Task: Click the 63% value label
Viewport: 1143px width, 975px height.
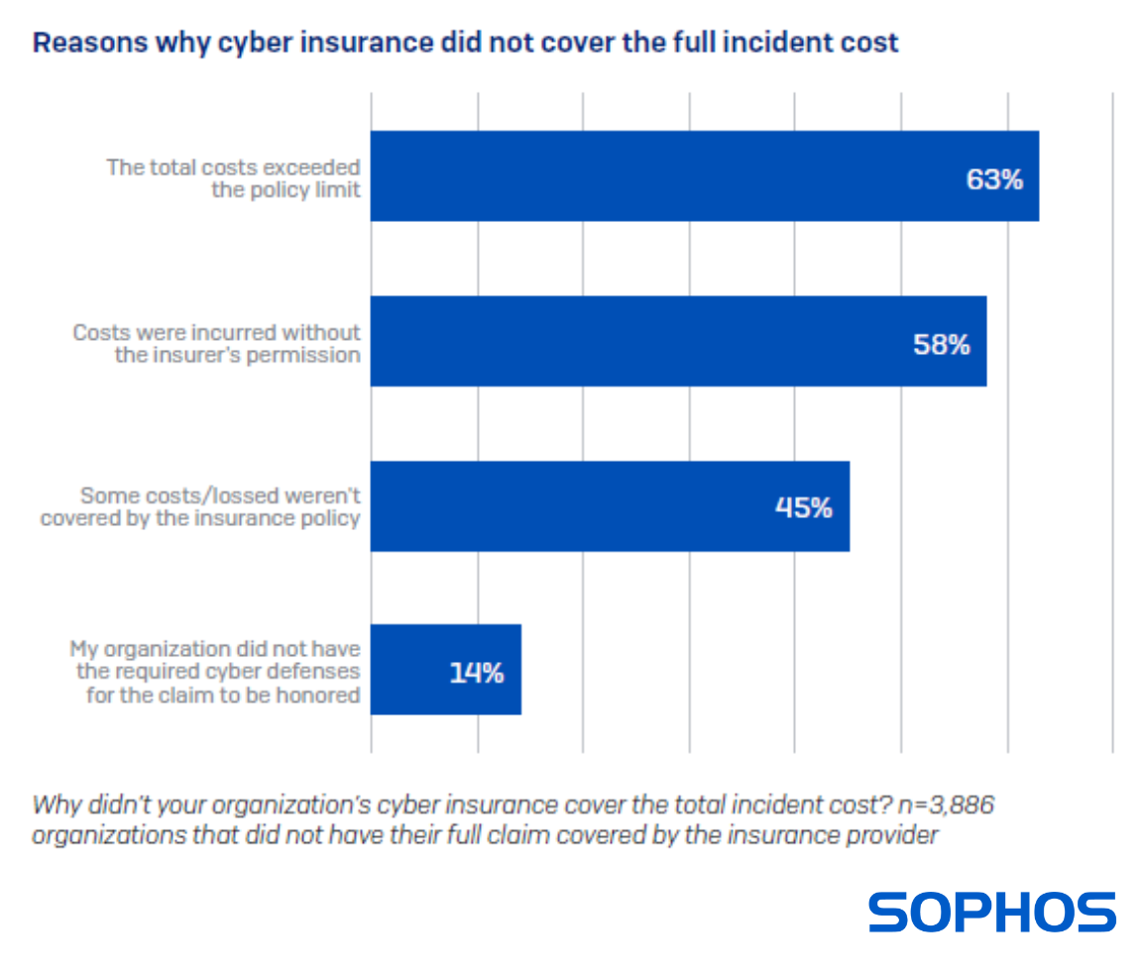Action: coord(994,180)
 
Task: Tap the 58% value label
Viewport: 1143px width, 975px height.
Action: coord(941,345)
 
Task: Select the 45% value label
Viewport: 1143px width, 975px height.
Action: coord(803,508)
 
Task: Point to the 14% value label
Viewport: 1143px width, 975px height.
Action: coord(477,673)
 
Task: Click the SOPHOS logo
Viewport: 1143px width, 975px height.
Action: coord(992,913)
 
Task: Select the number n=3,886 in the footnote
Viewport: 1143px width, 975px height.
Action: coord(947,804)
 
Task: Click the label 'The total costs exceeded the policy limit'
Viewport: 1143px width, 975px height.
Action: coord(234,178)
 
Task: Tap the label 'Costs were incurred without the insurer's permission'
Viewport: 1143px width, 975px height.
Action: coord(216,343)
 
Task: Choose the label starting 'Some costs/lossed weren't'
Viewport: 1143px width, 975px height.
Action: coord(200,506)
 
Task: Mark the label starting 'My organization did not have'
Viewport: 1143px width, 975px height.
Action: coord(214,671)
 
